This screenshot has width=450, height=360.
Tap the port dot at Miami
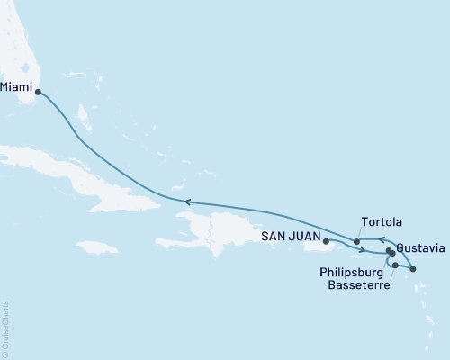(38, 91)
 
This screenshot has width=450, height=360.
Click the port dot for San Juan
(326, 241)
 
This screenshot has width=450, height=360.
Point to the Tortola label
(381, 221)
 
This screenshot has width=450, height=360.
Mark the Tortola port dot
(358, 241)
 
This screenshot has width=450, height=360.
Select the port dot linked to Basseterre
(395, 265)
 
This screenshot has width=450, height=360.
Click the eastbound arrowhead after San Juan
(362, 249)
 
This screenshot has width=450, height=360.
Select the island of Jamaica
(97, 247)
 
